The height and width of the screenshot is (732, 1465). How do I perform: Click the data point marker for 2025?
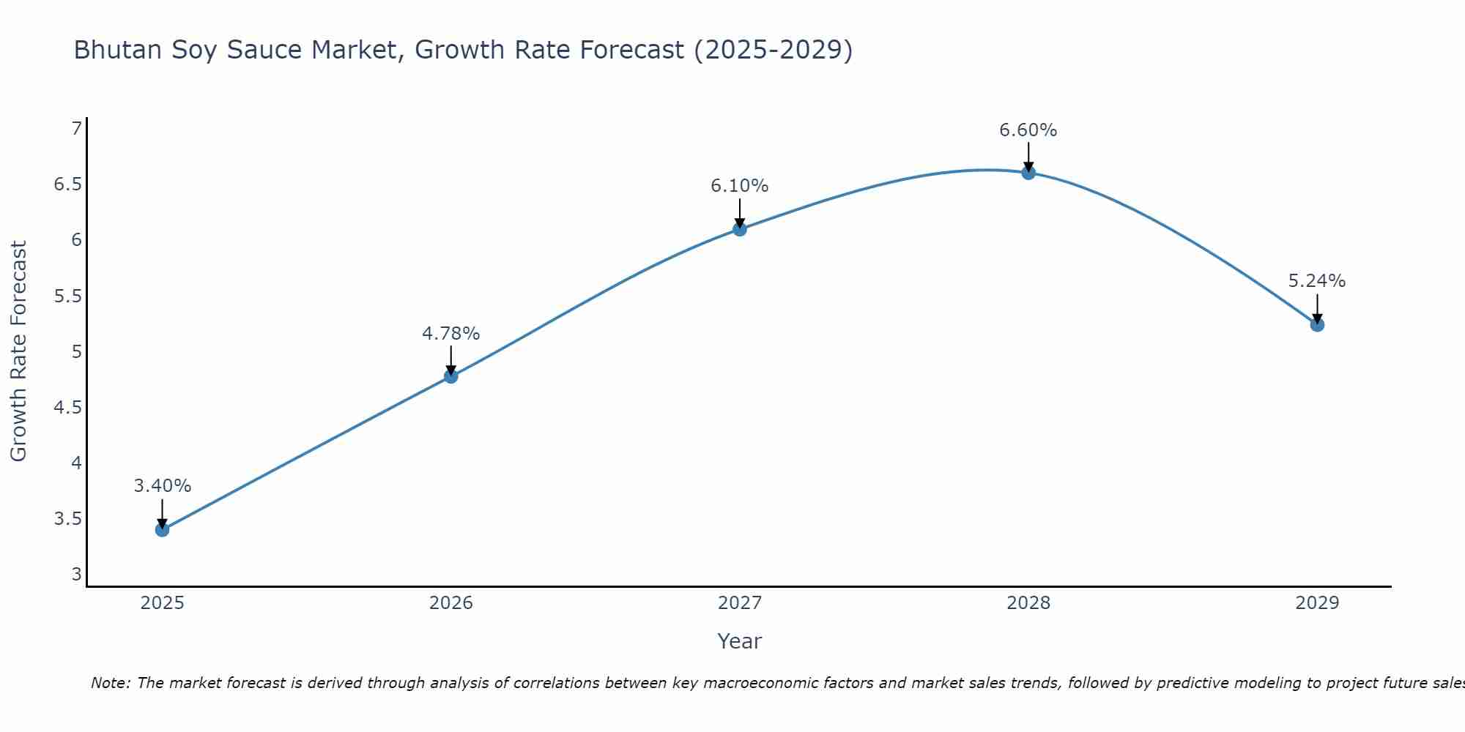click(162, 529)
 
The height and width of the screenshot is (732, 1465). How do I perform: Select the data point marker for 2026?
click(451, 376)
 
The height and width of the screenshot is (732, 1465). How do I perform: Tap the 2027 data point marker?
click(740, 229)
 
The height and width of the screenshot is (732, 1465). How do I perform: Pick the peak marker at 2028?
click(1028, 173)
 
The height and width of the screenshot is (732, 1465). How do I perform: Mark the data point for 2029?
click(1317, 324)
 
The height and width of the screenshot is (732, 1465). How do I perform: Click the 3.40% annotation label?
click(162, 486)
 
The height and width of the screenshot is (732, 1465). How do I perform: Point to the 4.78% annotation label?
click(451, 334)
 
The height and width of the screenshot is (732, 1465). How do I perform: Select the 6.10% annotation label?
click(740, 186)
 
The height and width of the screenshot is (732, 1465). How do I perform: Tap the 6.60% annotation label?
click(1028, 130)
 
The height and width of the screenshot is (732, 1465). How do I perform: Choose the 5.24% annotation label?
click(1317, 281)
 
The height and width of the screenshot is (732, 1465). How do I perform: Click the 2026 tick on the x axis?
click(451, 603)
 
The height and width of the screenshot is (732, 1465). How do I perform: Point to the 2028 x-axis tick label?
click(1028, 603)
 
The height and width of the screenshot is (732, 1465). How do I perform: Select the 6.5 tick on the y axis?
click(67, 184)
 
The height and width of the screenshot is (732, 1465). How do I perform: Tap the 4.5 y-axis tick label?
click(67, 408)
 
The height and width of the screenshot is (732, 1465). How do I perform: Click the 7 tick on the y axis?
click(76, 129)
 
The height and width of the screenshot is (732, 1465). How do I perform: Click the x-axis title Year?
click(740, 641)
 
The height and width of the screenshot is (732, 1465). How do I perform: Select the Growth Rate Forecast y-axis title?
click(18, 351)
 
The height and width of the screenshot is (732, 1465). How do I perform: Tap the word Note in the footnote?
click(109, 683)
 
